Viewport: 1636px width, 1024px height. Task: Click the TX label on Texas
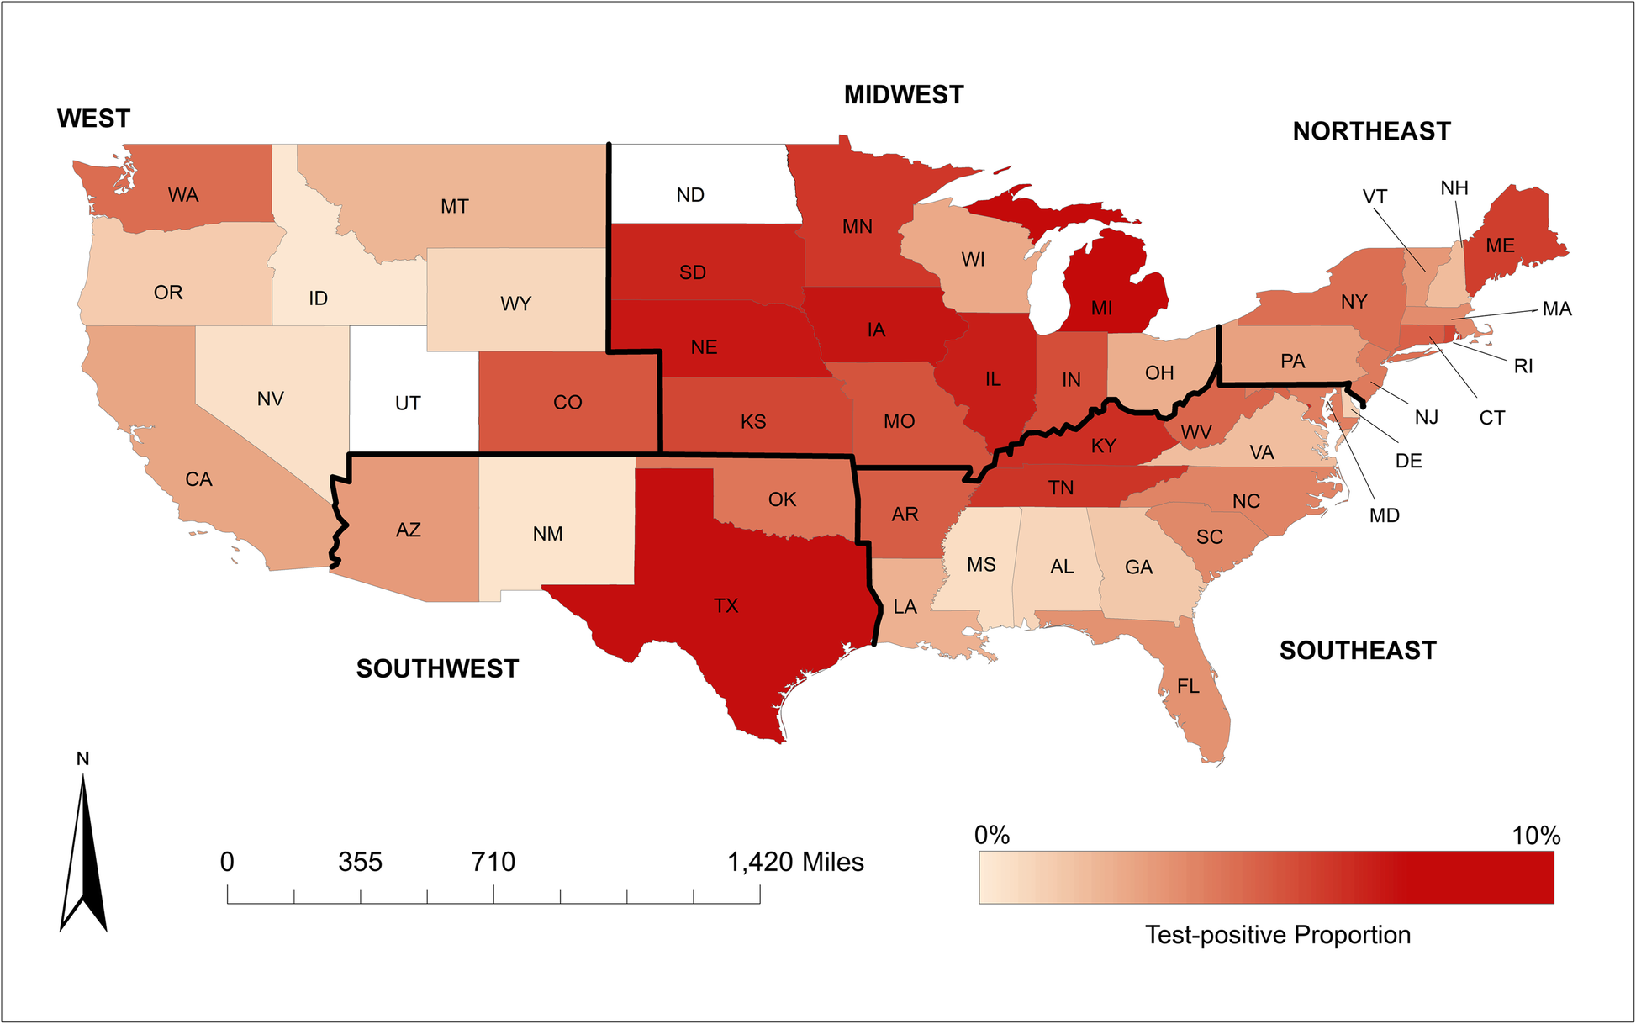tap(726, 605)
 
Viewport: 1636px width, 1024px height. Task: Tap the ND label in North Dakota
tap(690, 195)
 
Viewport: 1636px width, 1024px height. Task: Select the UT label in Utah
tap(408, 404)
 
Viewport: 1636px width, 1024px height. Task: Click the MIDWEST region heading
tap(904, 95)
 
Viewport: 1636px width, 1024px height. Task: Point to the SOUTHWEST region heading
tap(437, 668)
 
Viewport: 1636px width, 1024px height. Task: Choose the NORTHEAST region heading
tap(1371, 131)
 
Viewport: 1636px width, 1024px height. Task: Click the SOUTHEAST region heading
tap(1358, 650)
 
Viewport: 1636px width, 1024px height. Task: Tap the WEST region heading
tap(93, 119)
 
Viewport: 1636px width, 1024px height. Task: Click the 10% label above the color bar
tap(1535, 836)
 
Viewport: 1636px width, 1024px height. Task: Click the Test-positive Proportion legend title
tap(1277, 935)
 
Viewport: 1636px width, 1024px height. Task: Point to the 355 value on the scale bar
tap(361, 862)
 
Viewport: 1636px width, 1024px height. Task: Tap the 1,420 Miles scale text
tap(795, 862)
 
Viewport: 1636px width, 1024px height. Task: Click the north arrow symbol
tap(83, 858)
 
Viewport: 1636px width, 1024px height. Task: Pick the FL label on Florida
tap(1188, 687)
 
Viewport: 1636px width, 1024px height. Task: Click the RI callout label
tap(1523, 367)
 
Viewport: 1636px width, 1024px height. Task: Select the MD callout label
tap(1384, 515)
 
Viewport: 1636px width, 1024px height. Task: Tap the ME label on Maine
tap(1500, 245)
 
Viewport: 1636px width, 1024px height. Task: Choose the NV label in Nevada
tap(270, 399)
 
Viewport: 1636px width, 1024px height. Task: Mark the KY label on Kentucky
tap(1103, 446)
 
